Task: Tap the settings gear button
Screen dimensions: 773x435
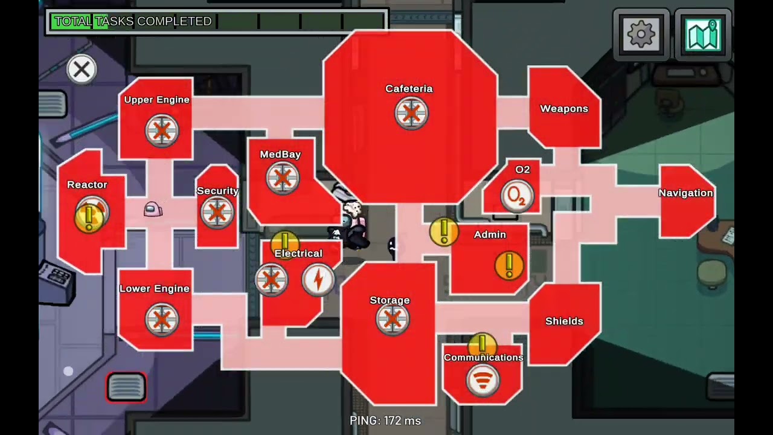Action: click(641, 34)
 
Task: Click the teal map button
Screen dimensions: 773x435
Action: click(703, 34)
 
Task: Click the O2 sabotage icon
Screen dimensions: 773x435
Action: click(518, 196)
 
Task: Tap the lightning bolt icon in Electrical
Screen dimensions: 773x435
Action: click(318, 280)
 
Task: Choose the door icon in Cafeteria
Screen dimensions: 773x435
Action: click(411, 113)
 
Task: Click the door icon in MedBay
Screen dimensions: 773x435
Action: click(283, 178)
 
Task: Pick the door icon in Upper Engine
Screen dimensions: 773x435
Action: click(162, 131)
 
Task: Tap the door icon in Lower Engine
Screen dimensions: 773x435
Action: click(162, 320)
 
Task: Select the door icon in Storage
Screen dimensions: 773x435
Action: click(393, 318)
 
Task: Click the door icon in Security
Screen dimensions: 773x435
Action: click(217, 212)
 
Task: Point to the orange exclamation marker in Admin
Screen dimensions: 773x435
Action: click(509, 265)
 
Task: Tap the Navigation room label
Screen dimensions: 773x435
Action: click(685, 193)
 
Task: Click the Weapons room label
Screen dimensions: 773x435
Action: click(564, 109)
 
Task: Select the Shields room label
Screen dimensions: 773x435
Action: click(564, 321)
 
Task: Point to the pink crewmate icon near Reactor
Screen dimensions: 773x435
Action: click(153, 209)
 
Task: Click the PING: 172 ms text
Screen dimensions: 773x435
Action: click(385, 420)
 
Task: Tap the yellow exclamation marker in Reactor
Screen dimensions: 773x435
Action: click(89, 218)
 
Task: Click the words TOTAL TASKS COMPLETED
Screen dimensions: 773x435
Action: click(133, 21)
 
